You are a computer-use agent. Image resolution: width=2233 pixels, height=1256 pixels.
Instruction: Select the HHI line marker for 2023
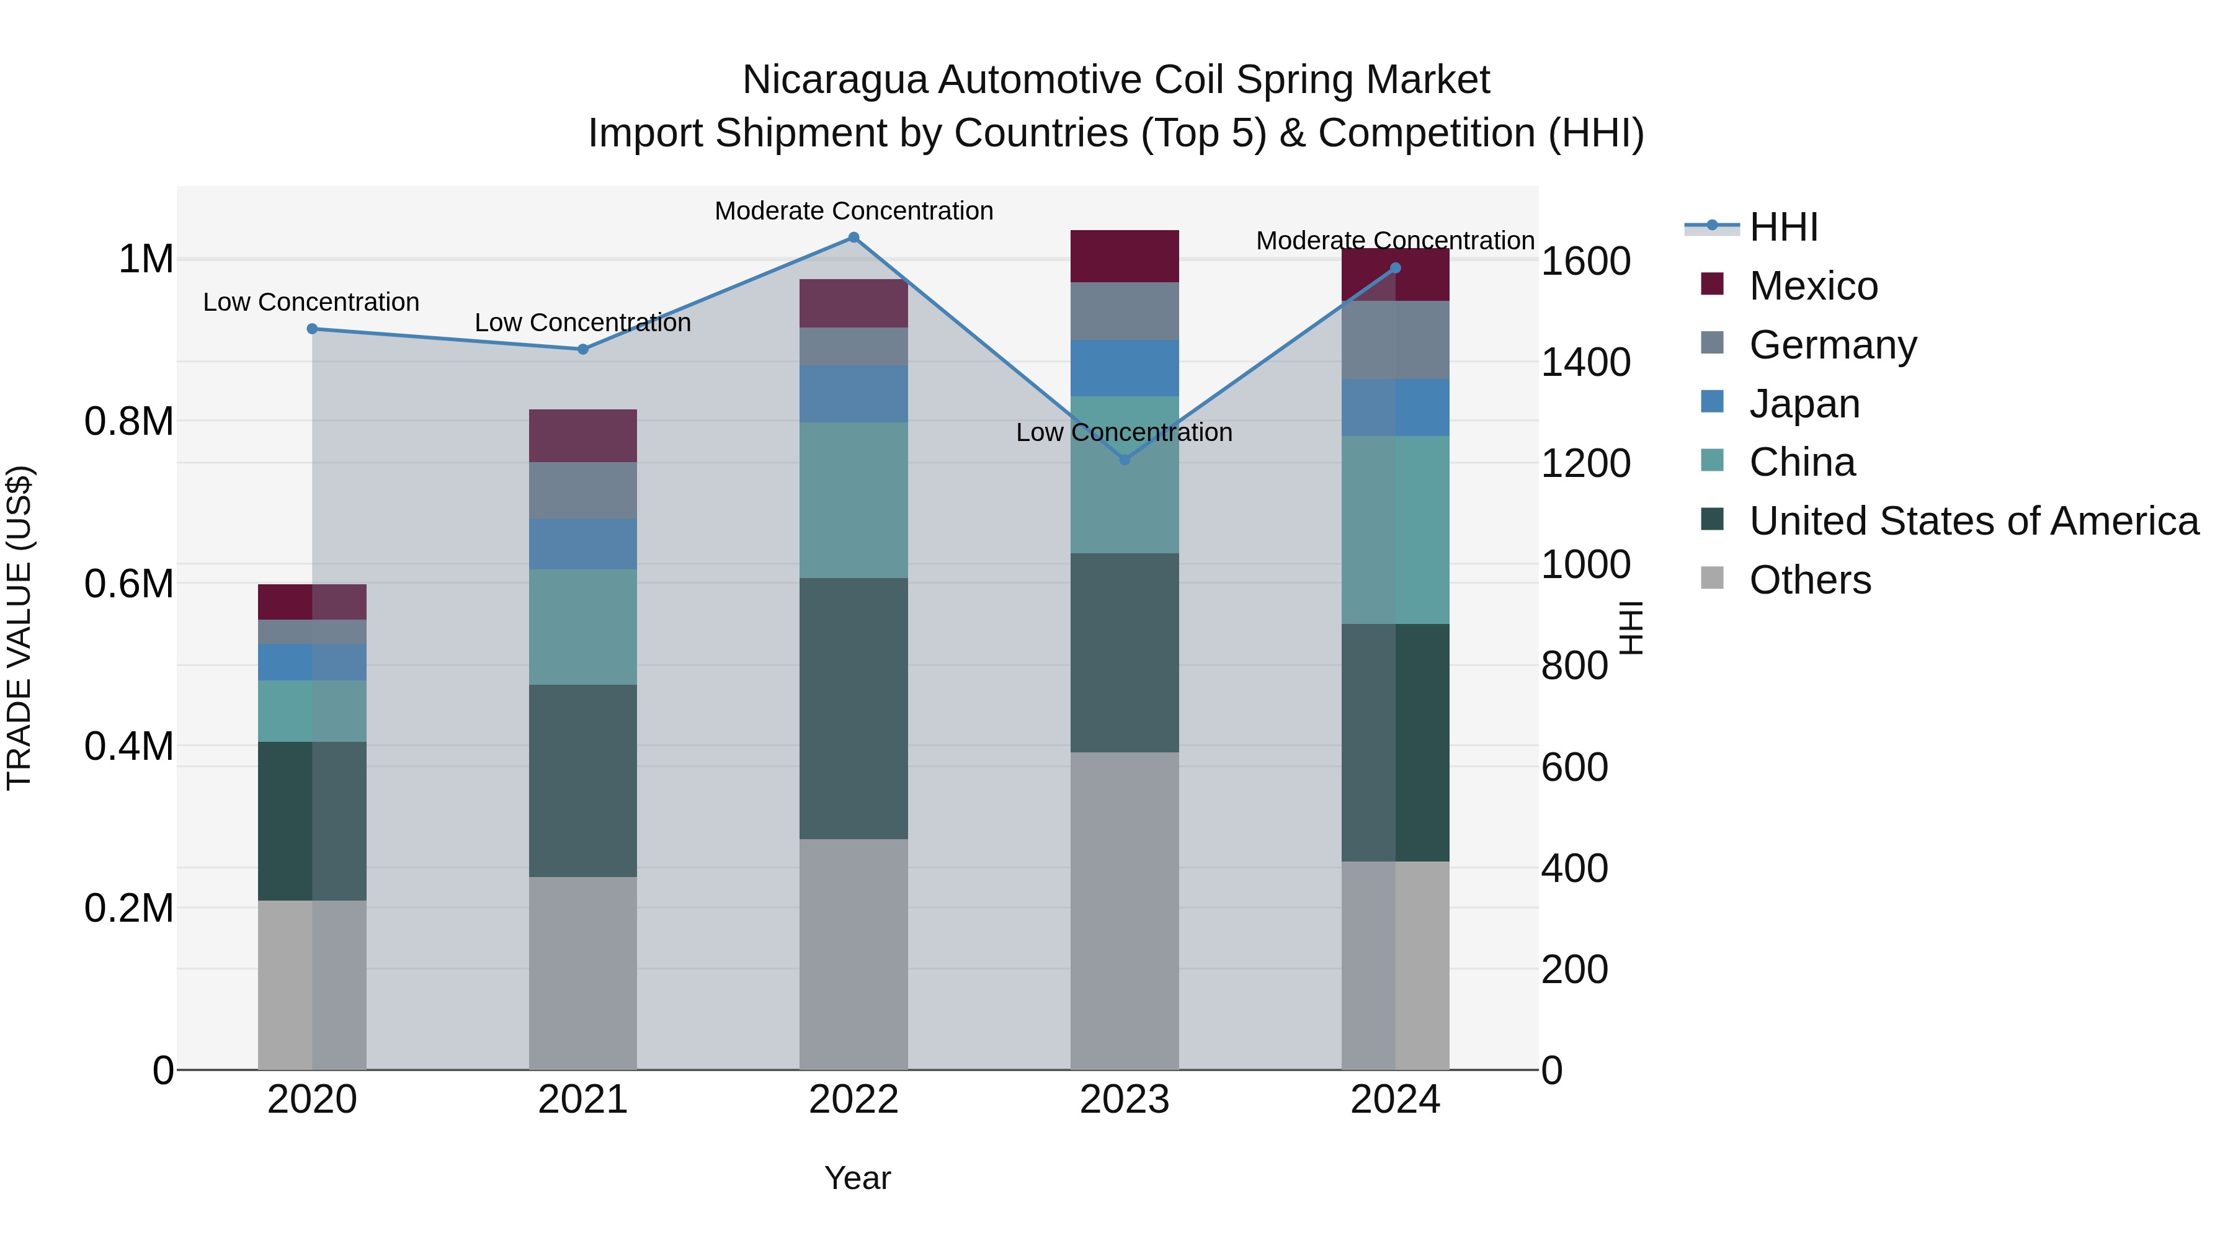coord(1125,460)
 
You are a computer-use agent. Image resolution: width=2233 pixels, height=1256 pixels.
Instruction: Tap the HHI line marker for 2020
coord(312,329)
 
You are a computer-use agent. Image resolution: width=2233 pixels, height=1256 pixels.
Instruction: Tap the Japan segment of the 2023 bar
coord(1125,368)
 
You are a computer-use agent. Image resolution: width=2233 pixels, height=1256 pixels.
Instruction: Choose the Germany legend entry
coord(1832,345)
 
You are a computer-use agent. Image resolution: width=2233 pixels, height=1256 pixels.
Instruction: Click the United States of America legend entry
coord(1973,521)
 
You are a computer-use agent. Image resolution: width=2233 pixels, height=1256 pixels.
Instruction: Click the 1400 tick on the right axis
coord(1585,362)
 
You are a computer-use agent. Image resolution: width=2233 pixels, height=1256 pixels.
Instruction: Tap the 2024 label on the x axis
coord(1395,1100)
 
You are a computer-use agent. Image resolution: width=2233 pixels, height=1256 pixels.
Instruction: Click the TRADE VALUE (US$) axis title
coord(19,628)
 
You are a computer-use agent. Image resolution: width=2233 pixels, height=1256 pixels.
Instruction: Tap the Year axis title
coord(857,1178)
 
